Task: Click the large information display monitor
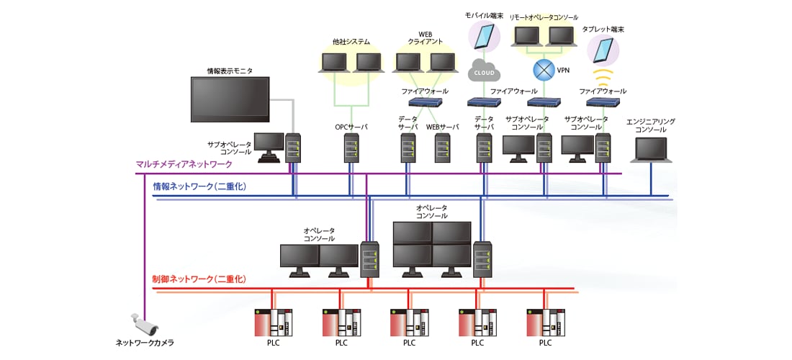point(230,99)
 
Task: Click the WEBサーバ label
point(442,127)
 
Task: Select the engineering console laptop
point(651,150)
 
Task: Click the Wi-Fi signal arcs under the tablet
point(603,75)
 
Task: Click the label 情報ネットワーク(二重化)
point(199,186)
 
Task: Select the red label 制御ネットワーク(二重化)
point(199,279)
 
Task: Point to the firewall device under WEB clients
point(424,102)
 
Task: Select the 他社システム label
point(351,42)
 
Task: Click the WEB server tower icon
point(442,149)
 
